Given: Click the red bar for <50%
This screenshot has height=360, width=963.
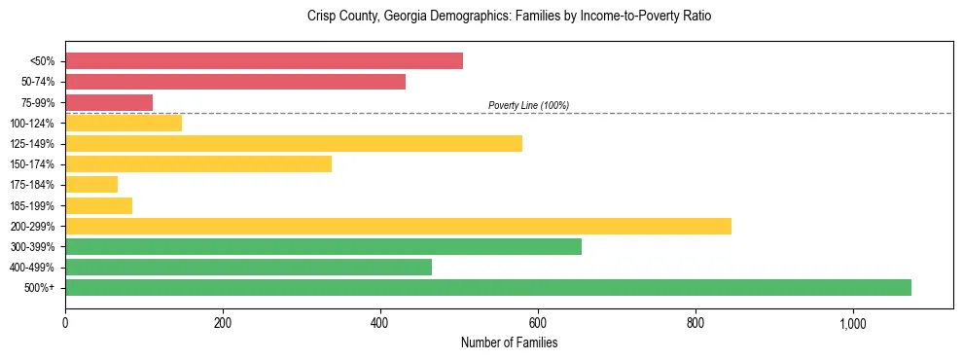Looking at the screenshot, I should click(264, 61).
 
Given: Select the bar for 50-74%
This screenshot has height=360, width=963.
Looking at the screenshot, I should click(235, 82).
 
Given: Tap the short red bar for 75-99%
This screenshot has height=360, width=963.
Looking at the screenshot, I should click(109, 102).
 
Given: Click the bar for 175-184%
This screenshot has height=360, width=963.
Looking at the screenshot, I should click(91, 185).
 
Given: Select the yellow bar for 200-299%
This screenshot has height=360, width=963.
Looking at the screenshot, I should click(398, 226).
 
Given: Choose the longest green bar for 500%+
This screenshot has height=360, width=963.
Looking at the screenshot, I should click(488, 287).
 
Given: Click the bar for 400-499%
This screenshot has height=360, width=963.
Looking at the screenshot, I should click(248, 267).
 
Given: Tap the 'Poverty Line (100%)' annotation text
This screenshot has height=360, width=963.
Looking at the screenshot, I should click(528, 105).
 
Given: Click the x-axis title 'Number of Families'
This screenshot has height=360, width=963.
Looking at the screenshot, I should click(509, 342).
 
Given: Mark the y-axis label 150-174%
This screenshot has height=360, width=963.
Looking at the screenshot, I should click(32, 164).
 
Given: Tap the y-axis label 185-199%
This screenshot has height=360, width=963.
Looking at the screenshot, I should click(32, 205).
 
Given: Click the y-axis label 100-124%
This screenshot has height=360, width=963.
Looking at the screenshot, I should click(32, 124).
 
